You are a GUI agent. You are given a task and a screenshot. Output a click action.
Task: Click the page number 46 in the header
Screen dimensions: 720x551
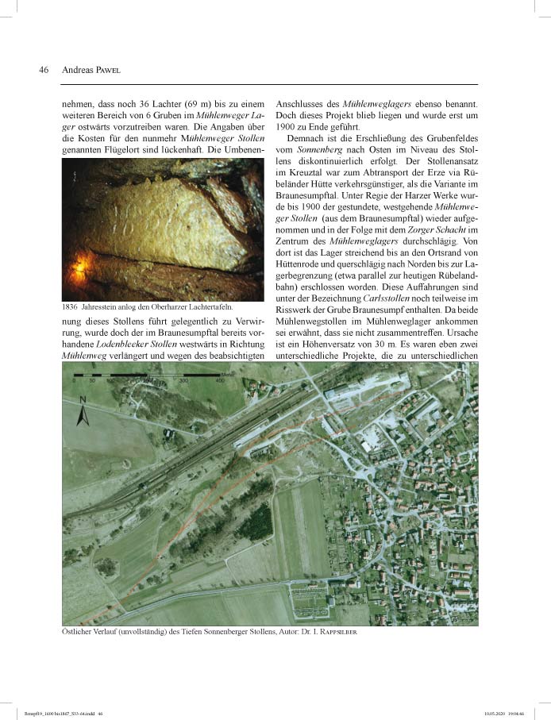point(44,70)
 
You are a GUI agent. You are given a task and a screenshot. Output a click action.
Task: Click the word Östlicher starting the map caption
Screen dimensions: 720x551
point(80,632)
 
